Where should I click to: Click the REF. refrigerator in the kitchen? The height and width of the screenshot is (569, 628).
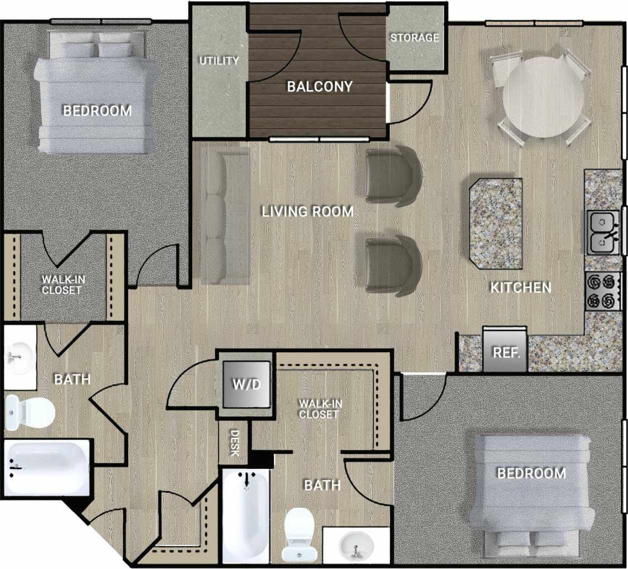(x=505, y=351)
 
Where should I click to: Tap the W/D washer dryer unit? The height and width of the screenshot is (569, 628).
(x=246, y=384)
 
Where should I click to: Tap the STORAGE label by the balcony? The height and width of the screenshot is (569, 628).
(x=414, y=38)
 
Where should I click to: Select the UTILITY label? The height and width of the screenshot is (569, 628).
(x=219, y=61)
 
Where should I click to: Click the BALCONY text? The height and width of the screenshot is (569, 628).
(x=320, y=86)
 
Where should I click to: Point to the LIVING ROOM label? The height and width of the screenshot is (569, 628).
(x=307, y=212)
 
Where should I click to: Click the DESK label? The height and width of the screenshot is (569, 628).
(x=234, y=443)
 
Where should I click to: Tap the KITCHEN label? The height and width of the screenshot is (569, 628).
(x=520, y=287)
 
